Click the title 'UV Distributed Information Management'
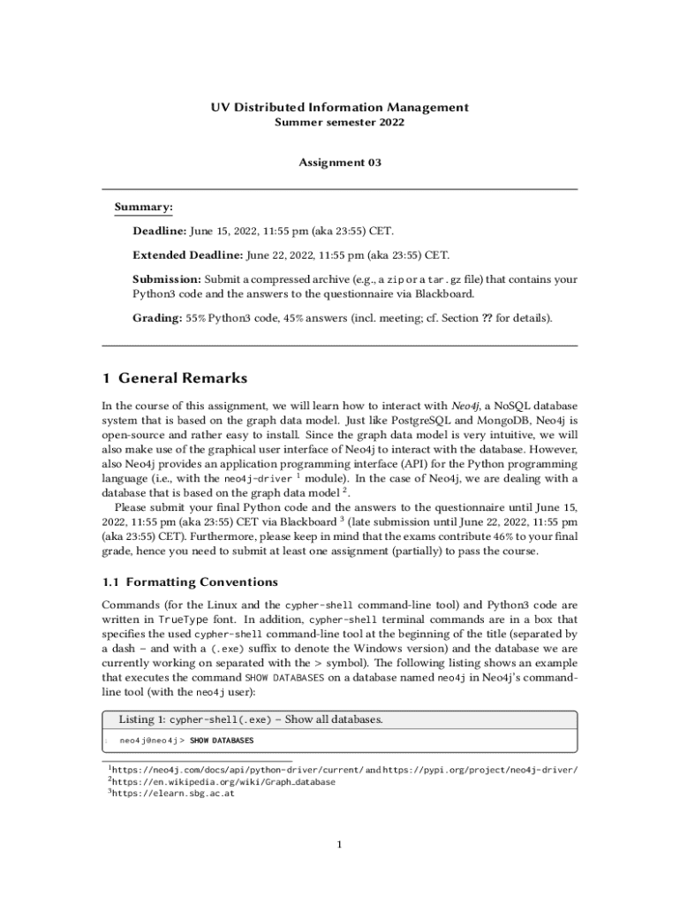click(x=339, y=107)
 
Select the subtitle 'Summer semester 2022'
click(x=339, y=122)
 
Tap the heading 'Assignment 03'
click(x=339, y=163)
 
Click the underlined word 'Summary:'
click(x=143, y=207)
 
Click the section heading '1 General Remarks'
click(x=175, y=378)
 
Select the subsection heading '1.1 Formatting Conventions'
click(x=190, y=582)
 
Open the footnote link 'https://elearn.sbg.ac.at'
click(x=172, y=794)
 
